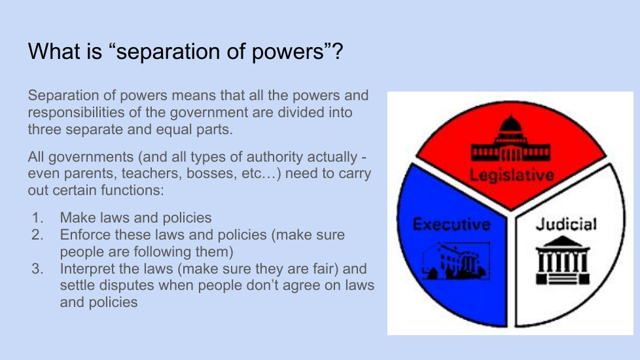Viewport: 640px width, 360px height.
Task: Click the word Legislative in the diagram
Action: coord(512,175)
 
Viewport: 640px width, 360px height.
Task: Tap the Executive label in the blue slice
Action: coord(452,224)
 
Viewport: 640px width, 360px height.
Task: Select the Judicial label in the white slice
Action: coord(566,224)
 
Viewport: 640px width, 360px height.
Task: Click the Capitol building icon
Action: coord(510,138)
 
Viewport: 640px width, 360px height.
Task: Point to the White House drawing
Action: coord(456,261)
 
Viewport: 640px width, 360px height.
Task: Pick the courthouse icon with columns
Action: coord(562,260)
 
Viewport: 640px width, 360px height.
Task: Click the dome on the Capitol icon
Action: coord(510,123)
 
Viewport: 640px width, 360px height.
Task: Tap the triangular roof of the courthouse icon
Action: coord(562,242)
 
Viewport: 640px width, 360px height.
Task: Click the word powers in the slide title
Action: coord(288,52)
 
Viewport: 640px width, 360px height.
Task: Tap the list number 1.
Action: coord(37,217)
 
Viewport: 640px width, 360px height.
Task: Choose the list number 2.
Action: coord(37,235)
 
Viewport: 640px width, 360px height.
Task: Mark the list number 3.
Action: coord(37,268)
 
